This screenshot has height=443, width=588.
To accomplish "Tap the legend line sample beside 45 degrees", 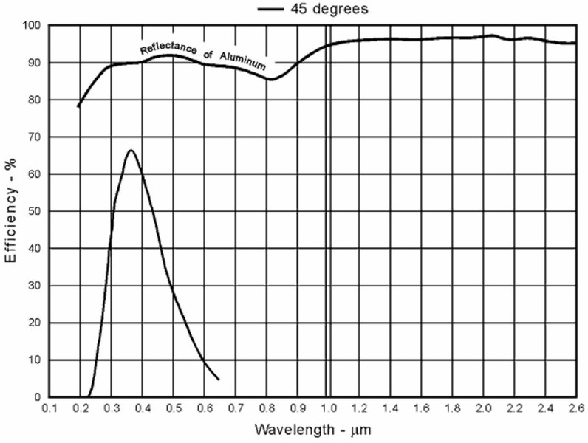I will (271, 10).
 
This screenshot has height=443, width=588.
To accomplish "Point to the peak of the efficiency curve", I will (131, 151).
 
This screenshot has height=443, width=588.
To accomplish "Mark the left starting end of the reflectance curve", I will (78, 106).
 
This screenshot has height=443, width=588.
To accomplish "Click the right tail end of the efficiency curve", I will (218, 380).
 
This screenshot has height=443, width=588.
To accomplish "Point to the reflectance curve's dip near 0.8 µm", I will (271, 79).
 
